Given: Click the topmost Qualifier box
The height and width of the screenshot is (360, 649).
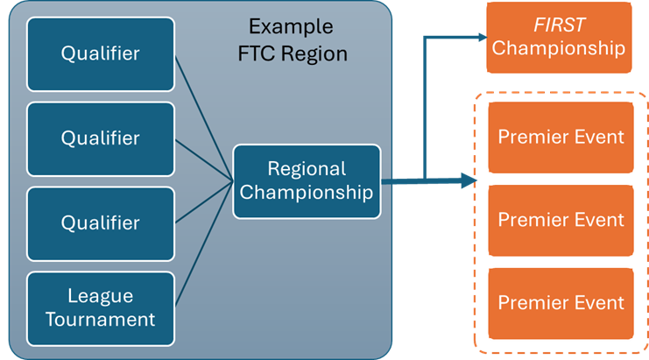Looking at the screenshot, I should coord(100,54).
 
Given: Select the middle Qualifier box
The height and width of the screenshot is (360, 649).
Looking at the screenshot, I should coord(100,138).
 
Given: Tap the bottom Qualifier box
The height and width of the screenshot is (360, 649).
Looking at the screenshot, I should coord(100,222).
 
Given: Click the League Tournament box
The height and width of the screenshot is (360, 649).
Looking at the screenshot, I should coord(100,307).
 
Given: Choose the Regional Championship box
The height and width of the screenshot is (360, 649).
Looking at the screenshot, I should coord(307,181).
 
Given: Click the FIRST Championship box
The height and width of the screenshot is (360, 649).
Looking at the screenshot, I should coord(559,37).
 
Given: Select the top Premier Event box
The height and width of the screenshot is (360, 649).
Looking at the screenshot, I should coord(561,138).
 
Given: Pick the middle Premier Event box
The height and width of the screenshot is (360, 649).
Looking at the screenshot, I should coord(561,220).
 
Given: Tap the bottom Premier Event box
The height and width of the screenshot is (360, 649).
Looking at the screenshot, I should coord(561,303).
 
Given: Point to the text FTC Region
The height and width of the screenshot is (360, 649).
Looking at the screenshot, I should coord(293,53).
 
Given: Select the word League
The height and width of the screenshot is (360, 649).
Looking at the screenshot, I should coord(100,295).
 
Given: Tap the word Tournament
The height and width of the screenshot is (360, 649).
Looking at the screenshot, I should coord(100,319).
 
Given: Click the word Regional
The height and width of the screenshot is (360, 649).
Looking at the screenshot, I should coord(307,169).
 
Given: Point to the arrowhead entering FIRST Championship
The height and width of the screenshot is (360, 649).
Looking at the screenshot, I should coord(480,37).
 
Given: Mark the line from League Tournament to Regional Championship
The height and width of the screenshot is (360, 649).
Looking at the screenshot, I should coord(203,248).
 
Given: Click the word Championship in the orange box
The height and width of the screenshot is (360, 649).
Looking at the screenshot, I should coord(559,48).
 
